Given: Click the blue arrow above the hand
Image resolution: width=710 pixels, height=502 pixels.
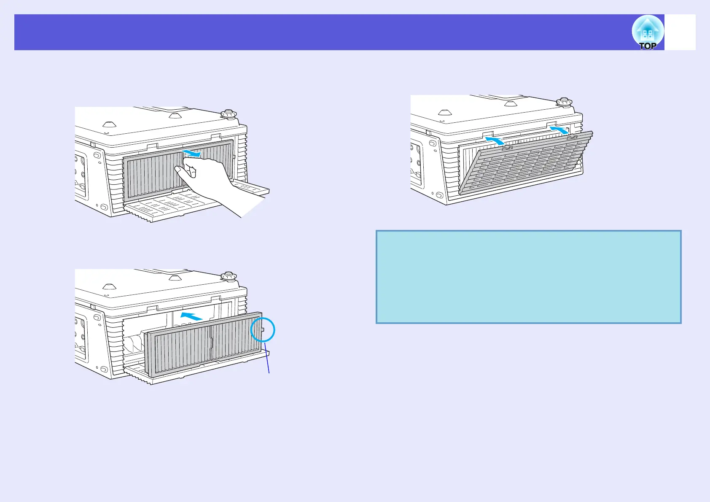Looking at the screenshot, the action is [x=192, y=152].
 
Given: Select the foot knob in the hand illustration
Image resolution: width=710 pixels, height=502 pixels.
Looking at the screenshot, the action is [x=228, y=114].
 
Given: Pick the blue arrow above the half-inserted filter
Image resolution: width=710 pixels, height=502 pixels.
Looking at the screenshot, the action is [x=191, y=316].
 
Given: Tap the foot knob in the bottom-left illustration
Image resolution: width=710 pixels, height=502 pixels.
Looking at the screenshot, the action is [x=228, y=276].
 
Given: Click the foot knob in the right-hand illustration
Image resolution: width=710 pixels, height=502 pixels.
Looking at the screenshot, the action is [x=564, y=102].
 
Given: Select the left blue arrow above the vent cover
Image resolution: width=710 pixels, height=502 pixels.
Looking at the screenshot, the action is [x=495, y=141].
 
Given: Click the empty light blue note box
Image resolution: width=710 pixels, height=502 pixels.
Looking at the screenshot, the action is [x=528, y=277].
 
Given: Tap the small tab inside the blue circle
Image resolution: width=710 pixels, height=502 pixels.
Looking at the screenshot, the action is [x=263, y=329].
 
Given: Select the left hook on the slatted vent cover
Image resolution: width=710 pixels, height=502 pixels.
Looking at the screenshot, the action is [x=507, y=148].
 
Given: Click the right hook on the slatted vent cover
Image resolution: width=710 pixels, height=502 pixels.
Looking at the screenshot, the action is [x=571, y=138].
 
